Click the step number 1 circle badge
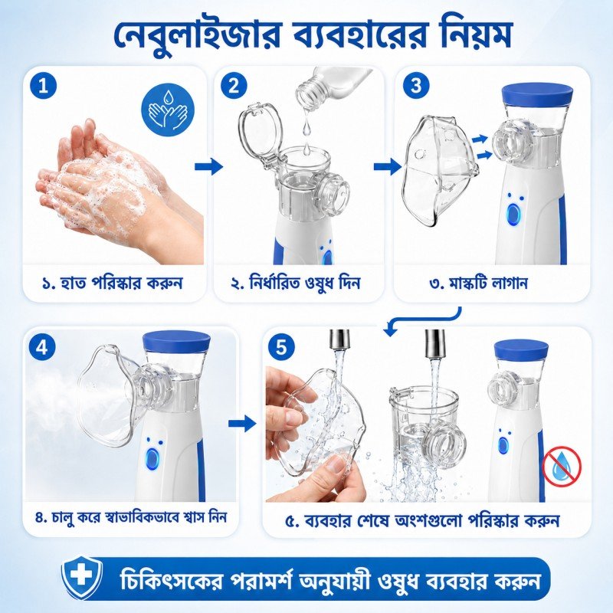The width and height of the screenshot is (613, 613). (43, 86)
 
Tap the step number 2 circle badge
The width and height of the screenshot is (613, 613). (234, 86)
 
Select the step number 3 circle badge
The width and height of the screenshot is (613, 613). (416, 86)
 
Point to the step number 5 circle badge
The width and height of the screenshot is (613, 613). (281, 348)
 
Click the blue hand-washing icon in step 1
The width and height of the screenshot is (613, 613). (168, 109)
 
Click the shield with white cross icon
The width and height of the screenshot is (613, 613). (82, 579)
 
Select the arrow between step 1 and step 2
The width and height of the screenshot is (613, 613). (208, 167)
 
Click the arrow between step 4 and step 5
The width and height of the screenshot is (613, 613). (241, 424)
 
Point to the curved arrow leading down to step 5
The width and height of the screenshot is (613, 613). (430, 320)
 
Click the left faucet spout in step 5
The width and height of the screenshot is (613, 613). (340, 339)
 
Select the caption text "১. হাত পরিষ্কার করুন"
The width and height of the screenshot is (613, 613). (112, 282)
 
